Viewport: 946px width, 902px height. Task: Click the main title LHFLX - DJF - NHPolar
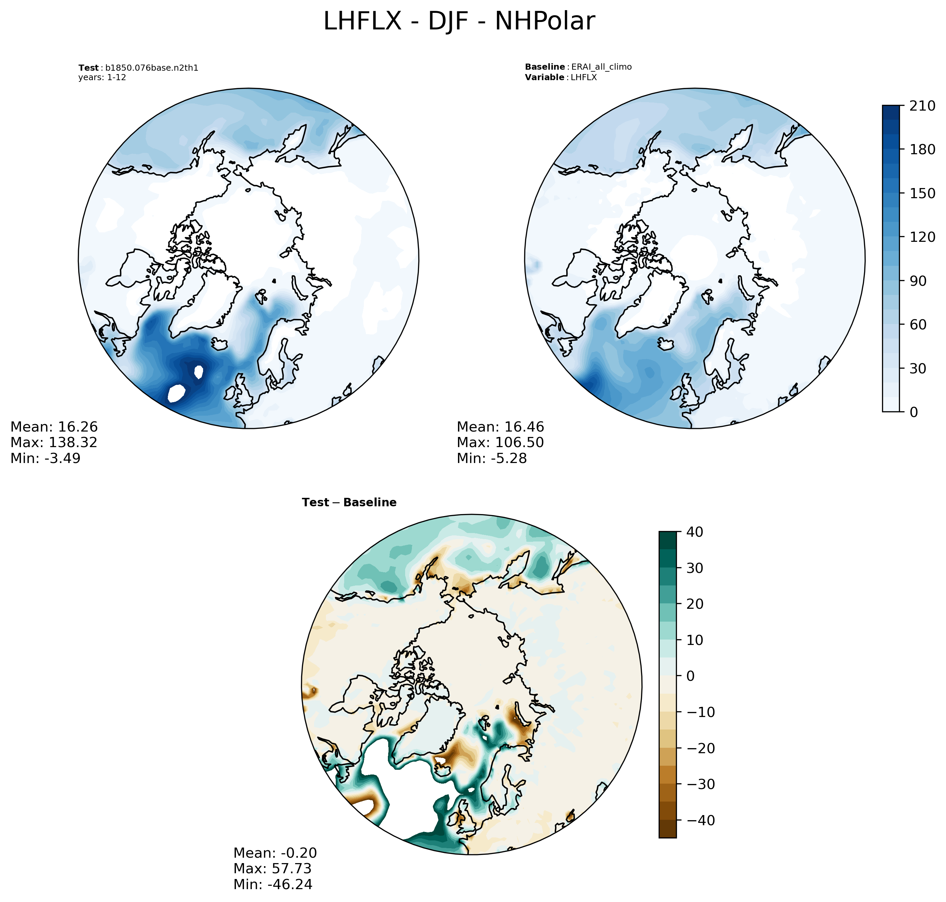(459, 22)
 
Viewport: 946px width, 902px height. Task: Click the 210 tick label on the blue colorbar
(922, 106)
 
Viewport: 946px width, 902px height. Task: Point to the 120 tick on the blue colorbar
(922, 237)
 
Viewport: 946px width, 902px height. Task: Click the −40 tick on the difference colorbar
(695, 820)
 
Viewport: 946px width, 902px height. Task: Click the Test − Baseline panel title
(349, 503)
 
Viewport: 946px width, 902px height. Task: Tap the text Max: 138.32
(54, 442)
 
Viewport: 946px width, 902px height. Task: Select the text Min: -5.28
(491, 458)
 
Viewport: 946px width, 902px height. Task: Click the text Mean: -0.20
(275, 853)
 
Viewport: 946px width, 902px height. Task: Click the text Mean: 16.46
(500, 427)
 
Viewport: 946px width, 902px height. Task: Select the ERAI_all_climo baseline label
(601, 67)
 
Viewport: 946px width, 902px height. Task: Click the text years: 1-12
(102, 77)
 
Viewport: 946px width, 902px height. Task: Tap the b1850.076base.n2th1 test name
(152, 68)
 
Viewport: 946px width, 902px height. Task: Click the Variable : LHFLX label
(560, 77)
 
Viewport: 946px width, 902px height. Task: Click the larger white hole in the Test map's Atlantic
(177, 393)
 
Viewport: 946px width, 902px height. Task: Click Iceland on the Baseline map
(666, 344)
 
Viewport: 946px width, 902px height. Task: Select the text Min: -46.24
(273, 884)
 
